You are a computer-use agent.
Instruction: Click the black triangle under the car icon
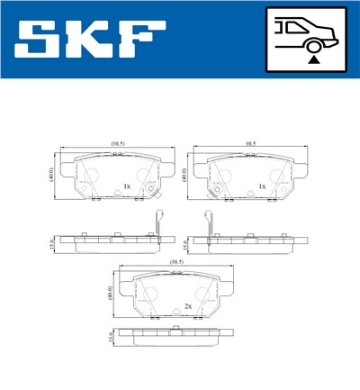313,60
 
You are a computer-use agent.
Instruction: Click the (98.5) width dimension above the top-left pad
117,143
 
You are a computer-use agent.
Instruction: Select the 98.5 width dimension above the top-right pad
252,143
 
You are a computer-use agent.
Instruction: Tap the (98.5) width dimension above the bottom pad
176,262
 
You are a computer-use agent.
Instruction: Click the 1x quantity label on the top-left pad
127,186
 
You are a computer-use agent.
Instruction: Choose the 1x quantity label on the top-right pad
261,186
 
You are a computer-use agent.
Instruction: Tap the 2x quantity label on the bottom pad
187,306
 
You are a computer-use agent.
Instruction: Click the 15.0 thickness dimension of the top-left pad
52,242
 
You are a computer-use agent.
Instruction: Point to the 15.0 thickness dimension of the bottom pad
111,336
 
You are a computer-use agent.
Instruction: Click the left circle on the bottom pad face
149,292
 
